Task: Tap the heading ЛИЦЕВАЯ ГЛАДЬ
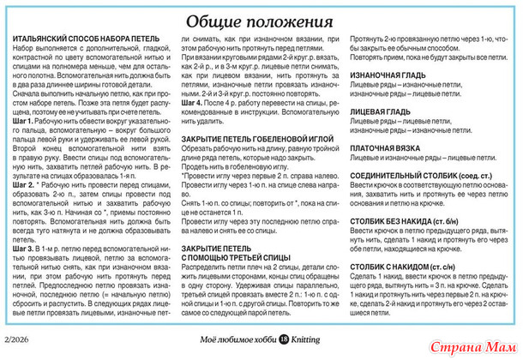tap(380, 111)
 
